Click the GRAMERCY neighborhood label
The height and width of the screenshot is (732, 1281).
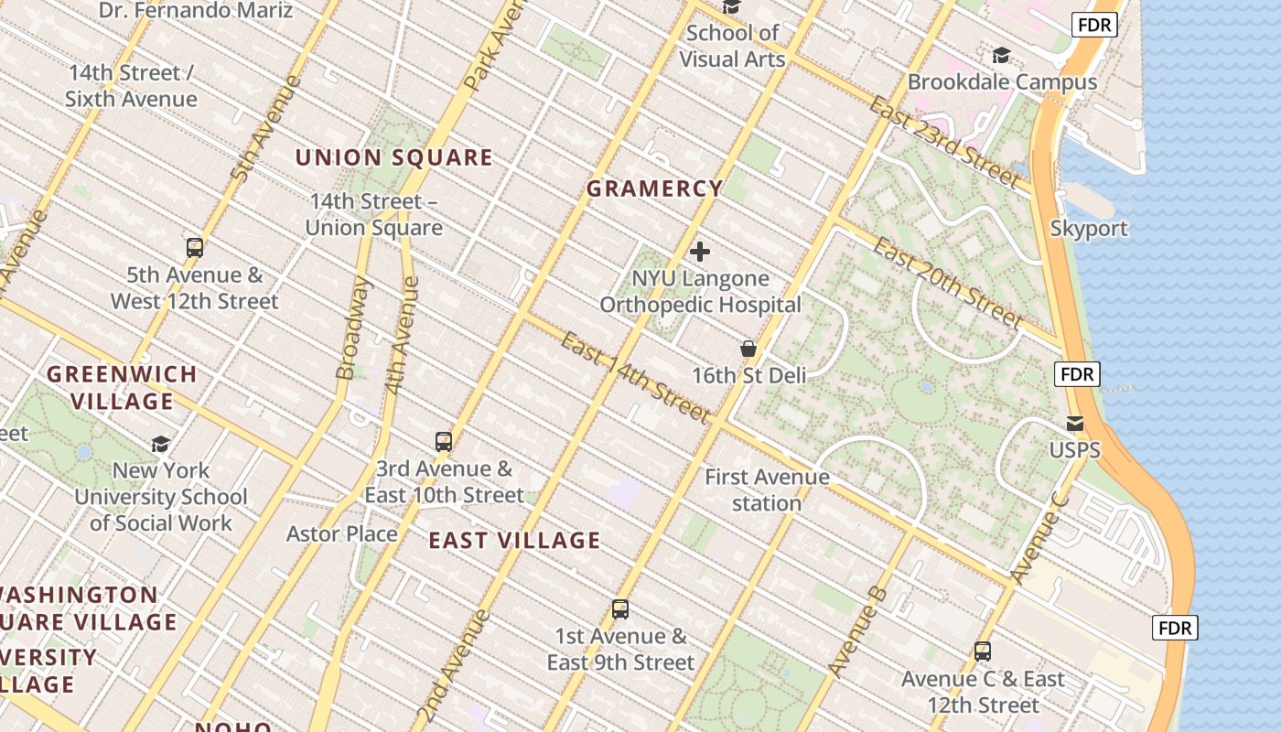654,189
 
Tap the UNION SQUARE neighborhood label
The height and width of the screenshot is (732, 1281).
393,157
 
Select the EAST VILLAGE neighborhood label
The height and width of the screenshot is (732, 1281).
514,540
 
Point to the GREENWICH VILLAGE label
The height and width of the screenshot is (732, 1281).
122,387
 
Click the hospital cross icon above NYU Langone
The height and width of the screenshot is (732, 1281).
700,252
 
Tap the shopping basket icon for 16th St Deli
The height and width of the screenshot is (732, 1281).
748,349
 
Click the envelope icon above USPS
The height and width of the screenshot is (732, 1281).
1075,424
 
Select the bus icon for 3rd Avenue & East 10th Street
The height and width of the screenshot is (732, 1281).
444,442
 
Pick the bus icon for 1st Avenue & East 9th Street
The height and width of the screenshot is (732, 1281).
620,609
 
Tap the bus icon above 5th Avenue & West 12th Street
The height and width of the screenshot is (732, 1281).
194,247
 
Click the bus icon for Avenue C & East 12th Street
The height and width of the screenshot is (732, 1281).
983,651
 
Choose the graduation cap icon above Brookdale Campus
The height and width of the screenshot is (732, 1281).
1002,56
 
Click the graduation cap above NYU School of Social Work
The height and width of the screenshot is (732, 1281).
161,444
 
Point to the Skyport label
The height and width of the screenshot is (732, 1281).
1089,229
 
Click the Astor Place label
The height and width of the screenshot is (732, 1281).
341,533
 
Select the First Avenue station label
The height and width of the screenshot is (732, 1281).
767,490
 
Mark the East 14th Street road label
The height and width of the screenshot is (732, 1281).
635,378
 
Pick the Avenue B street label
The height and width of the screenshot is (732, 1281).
857,632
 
